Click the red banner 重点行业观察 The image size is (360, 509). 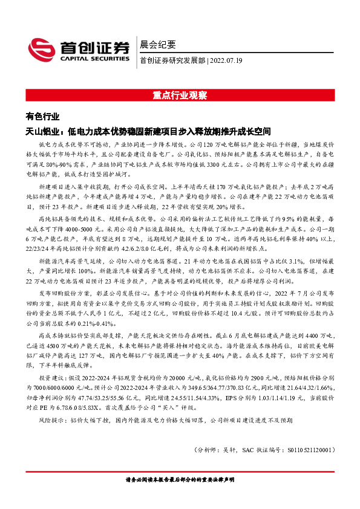coord(180,95)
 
